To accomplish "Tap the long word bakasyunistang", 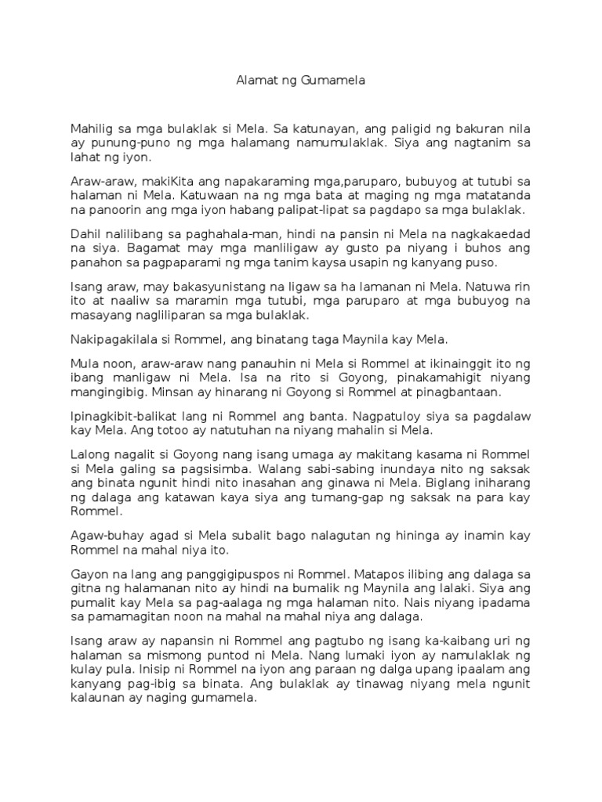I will [x=198, y=287].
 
